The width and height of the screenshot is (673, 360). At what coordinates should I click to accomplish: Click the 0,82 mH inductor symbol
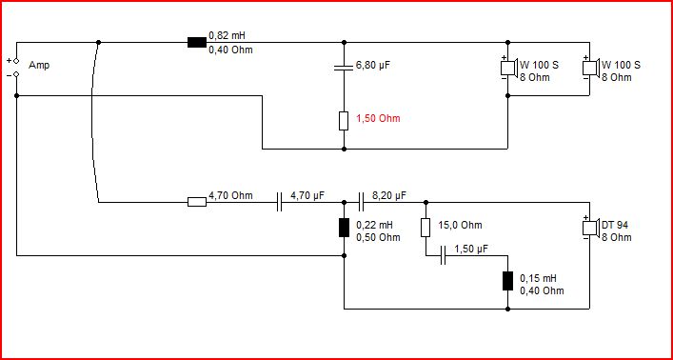[x=197, y=42]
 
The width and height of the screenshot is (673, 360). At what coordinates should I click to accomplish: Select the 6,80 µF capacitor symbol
[x=344, y=67]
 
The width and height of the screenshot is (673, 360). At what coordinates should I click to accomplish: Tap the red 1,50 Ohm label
[x=378, y=118]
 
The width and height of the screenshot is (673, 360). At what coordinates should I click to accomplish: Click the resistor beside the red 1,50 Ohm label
[x=344, y=121]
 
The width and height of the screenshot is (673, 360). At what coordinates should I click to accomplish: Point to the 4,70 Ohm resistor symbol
[x=197, y=202]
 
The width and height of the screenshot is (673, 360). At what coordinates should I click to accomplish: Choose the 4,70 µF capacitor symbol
[x=280, y=202]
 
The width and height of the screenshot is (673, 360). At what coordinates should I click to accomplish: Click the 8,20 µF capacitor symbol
[x=361, y=202]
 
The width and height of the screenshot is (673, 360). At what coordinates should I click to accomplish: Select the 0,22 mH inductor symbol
[x=344, y=228]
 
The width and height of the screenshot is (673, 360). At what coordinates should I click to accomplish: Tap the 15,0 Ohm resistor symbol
[x=426, y=228]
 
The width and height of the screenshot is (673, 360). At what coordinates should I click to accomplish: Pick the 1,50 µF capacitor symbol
[x=444, y=255]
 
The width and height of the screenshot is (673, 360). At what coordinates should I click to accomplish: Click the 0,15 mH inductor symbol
[x=507, y=281]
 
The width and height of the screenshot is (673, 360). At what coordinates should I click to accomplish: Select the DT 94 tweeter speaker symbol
[x=591, y=228]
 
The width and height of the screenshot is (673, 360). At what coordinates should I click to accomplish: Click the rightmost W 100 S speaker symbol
[x=591, y=68]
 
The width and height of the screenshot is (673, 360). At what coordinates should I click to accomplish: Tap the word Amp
[x=39, y=66]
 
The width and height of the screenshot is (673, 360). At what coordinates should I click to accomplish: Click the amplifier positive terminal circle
[x=16, y=61]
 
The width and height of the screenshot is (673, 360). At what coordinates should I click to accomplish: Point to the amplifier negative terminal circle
[x=16, y=74]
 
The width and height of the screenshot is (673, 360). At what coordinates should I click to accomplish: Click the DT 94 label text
[x=615, y=225]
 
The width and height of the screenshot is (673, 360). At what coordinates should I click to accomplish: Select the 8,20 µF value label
[x=389, y=196]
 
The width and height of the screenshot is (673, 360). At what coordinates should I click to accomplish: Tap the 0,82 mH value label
[x=228, y=35]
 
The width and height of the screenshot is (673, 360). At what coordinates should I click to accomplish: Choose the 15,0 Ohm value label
[x=460, y=225]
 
